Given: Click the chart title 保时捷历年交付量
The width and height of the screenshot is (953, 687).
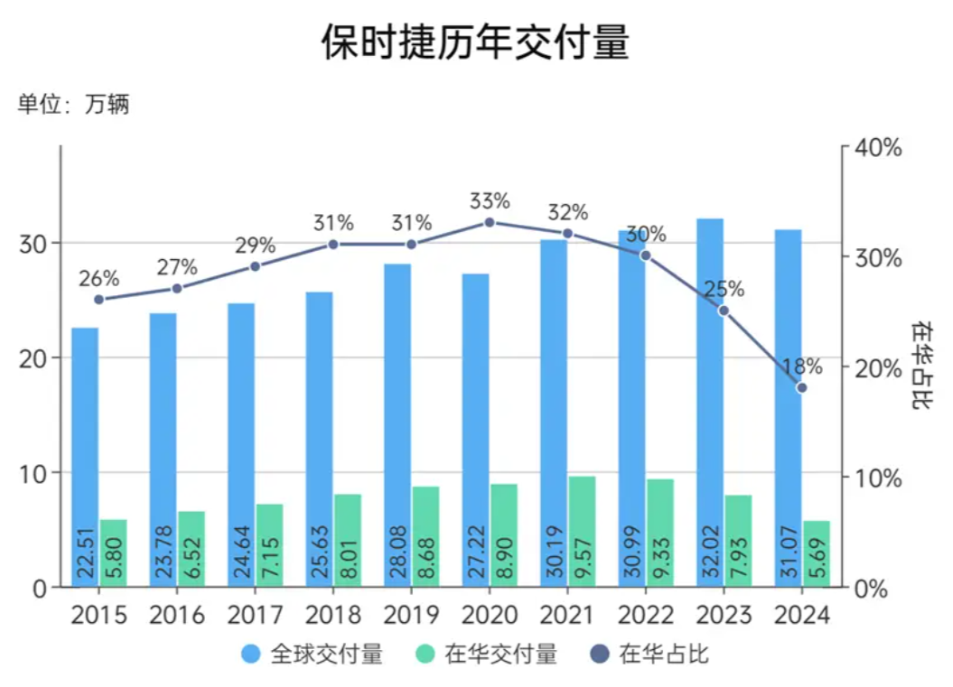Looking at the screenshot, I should tap(475, 42).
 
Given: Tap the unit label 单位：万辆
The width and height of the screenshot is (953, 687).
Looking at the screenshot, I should tap(73, 105).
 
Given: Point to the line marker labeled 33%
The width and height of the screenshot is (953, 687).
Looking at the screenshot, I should tap(490, 222).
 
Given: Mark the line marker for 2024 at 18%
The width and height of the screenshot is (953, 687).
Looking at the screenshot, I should tap(801, 388).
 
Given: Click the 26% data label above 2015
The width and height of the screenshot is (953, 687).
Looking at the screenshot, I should tap(98, 279).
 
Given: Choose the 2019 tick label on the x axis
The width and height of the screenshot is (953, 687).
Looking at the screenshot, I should tap(411, 616).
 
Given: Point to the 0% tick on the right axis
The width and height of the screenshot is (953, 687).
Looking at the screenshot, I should tap(874, 588).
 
